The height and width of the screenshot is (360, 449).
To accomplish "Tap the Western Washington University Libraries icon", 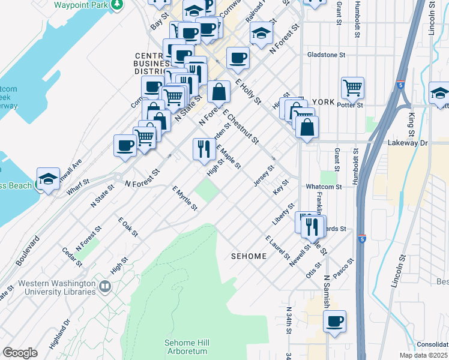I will [x=106, y=287].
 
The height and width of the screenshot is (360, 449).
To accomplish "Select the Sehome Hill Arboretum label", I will [x=186, y=347].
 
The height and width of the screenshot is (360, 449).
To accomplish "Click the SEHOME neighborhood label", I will [x=249, y=256].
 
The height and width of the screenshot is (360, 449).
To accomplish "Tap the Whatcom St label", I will [x=323, y=187].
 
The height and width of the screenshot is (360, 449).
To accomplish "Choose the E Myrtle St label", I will [x=185, y=199].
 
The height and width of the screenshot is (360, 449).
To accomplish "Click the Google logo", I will [x=20, y=353].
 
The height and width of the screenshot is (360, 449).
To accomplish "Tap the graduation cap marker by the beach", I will [x=48, y=178].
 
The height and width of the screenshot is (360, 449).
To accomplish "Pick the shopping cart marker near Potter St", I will [x=352, y=88].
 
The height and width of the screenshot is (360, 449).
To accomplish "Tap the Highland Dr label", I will [x=60, y=329].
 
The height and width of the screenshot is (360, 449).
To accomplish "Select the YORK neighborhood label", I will [x=322, y=102].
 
